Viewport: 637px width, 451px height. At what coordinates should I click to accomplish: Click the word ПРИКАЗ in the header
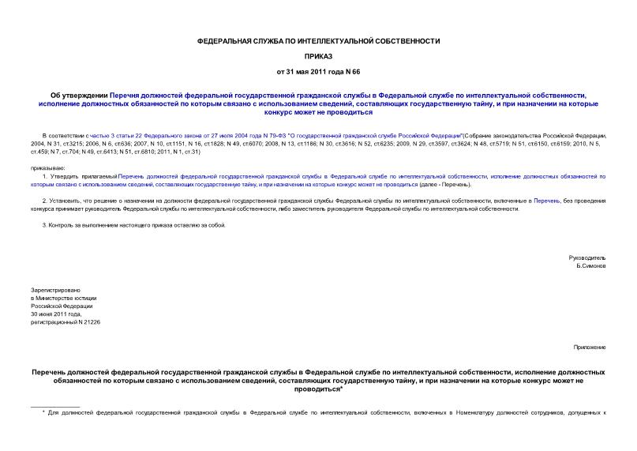tap(318, 56)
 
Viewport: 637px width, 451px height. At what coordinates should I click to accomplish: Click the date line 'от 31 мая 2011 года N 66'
tap(318, 72)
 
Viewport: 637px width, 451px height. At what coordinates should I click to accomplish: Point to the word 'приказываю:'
tap(47, 168)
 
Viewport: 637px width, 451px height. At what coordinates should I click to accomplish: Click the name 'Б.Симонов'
tap(591, 266)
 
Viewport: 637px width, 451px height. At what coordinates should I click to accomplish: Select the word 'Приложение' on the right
tap(590, 347)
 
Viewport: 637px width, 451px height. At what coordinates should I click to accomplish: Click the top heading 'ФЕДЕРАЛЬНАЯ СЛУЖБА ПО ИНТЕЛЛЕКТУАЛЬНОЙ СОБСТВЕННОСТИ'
tap(318, 40)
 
